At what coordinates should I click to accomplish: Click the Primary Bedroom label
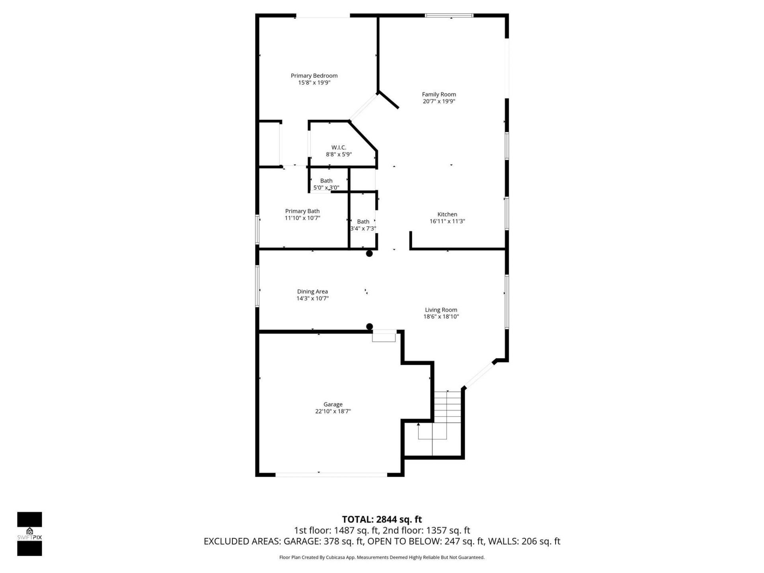(x=314, y=76)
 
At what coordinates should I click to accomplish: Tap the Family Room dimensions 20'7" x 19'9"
(x=439, y=101)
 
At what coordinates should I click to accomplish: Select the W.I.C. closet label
(x=339, y=148)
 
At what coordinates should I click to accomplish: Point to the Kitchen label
(x=447, y=214)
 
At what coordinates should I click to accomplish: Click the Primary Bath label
(x=302, y=211)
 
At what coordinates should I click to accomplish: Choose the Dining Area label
(x=312, y=292)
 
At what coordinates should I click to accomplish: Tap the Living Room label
(x=441, y=310)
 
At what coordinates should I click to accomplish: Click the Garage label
(x=333, y=405)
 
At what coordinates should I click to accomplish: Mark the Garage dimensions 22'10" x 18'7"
(x=333, y=411)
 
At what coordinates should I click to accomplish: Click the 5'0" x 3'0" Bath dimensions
(x=326, y=188)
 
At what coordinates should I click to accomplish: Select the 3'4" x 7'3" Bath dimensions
(x=363, y=229)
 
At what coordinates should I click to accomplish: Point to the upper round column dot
(x=369, y=253)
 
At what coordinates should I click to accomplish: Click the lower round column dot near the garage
(x=369, y=327)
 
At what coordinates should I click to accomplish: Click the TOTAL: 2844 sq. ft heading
(x=382, y=519)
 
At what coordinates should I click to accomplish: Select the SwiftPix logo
(x=29, y=534)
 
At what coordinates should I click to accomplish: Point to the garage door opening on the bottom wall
(x=331, y=474)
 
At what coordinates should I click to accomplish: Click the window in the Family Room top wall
(x=449, y=16)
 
